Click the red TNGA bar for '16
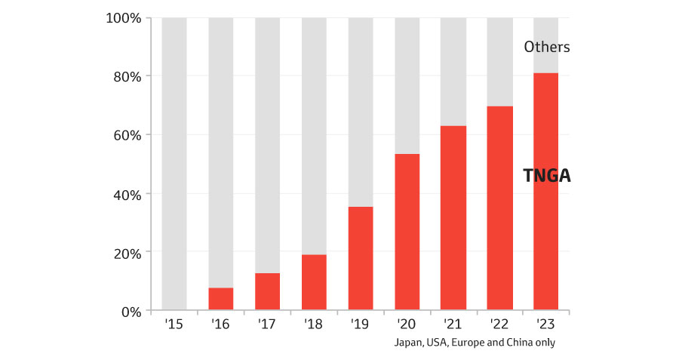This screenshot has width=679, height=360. [x=221, y=299]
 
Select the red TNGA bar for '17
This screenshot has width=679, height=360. [x=267, y=291]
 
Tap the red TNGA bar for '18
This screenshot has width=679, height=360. [x=314, y=282]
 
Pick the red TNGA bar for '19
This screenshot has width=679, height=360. [x=361, y=258]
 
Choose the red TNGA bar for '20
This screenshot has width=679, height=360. [x=407, y=232]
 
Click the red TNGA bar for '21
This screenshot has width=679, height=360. [x=453, y=217]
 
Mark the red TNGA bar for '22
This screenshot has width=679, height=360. [x=499, y=208]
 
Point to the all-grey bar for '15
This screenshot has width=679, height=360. [x=174, y=162]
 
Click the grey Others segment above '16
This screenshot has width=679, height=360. [x=221, y=151]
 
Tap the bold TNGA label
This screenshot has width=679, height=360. [x=547, y=177]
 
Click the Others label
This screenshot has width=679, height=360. [x=547, y=48]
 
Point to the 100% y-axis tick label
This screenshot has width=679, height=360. [x=124, y=17]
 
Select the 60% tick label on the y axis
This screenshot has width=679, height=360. [x=127, y=135]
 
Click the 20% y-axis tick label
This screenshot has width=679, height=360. [x=127, y=253]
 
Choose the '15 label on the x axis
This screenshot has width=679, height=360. [x=174, y=324]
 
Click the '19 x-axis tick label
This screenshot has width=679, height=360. [x=361, y=324]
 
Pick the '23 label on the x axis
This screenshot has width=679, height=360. [x=546, y=324]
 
